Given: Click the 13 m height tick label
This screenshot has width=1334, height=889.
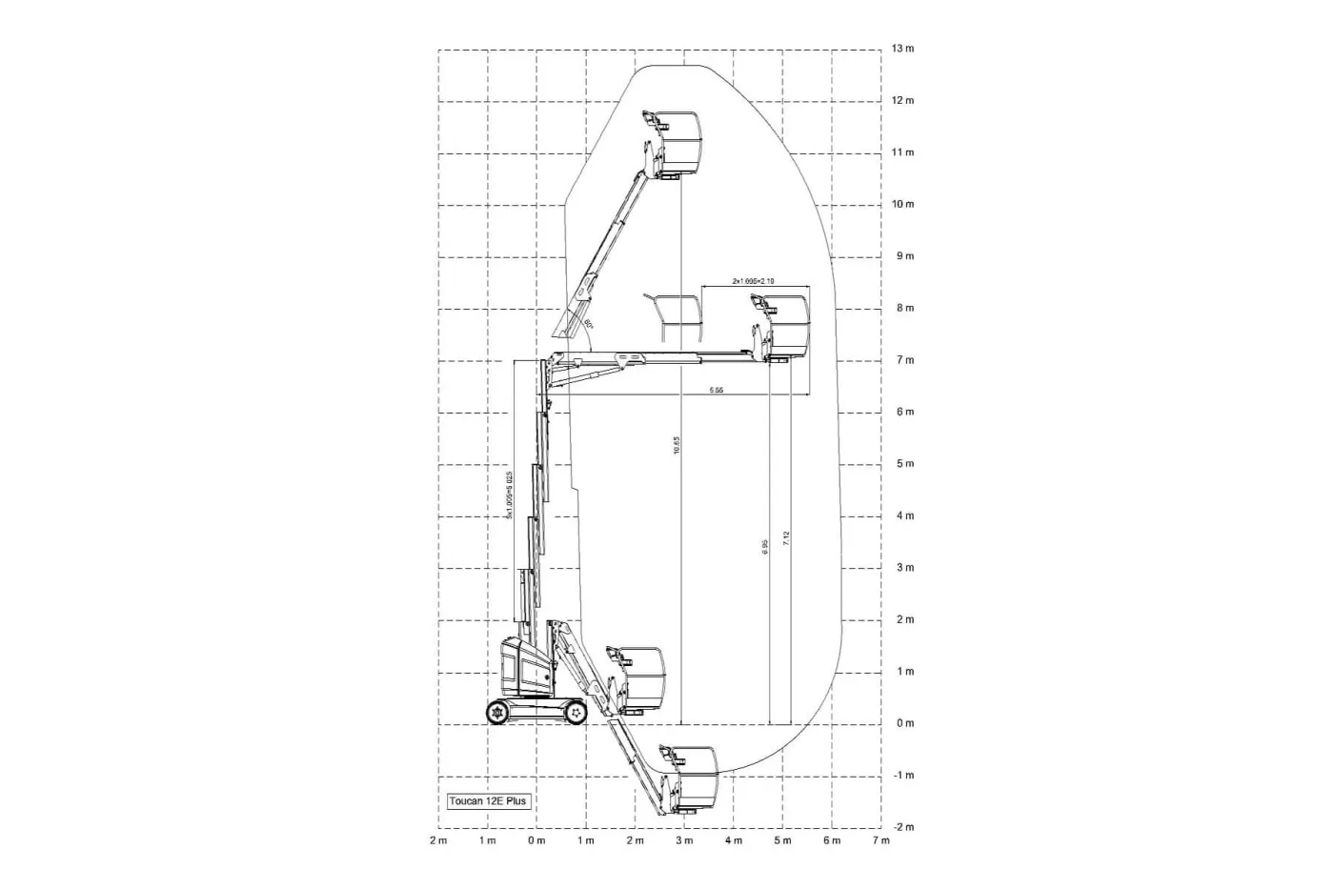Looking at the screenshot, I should point(902,49).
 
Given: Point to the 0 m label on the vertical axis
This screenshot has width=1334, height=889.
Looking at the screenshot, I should point(904,723).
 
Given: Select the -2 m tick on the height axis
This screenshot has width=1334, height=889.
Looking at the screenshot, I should point(902,827).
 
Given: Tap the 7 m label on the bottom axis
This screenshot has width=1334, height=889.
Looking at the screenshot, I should point(880,840).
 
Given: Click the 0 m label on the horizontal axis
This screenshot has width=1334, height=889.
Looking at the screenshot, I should point(536,840).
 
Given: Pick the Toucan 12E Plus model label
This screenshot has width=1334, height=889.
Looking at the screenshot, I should point(487,801).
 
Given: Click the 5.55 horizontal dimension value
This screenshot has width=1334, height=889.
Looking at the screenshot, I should point(716,391).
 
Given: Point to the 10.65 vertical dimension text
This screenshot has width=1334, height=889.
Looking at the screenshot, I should point(677,446).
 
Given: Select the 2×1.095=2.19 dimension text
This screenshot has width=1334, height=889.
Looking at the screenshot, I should point(753,281).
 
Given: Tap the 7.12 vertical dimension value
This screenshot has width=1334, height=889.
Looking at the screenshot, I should point(786,538).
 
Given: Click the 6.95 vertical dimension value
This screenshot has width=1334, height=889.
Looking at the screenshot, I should point(765,547).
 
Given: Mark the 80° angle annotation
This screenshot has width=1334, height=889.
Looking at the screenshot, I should point(588,324).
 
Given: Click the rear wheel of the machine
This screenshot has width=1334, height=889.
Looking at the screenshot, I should point(498,712).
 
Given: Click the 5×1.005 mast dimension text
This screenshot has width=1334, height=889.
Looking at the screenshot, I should point(510,495).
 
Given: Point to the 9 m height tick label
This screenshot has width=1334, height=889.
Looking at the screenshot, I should point(902,256).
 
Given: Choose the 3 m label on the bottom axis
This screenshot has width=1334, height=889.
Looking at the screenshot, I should point(684,840).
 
